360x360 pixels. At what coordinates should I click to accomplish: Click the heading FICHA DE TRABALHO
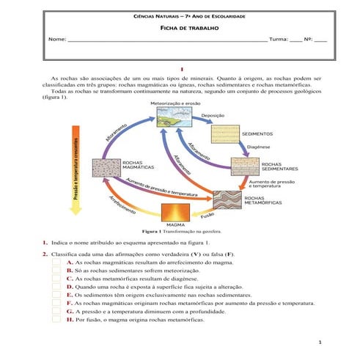pos(180,26)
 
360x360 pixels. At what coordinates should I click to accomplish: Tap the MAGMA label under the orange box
pos(176,224)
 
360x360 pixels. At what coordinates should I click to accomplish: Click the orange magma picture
pos(176,212)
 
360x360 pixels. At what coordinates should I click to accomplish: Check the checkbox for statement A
pos(56,262)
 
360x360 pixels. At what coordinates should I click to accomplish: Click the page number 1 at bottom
pos(320,343)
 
